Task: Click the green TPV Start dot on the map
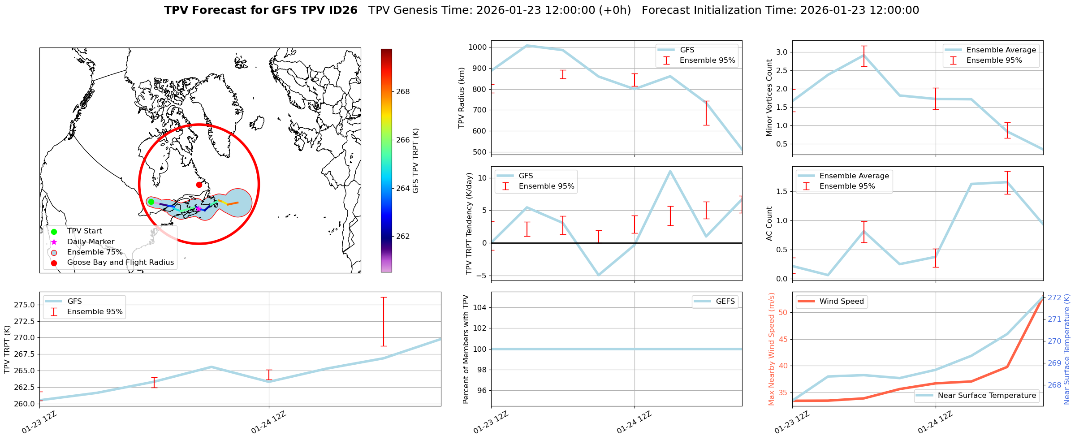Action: (x=151, y=202)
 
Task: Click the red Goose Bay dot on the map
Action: (x=199, y=185)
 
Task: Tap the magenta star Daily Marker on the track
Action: (x=199, y=209)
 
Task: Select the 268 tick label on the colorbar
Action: (x=403, y=92)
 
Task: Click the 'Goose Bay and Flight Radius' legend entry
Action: (x=120, y=263)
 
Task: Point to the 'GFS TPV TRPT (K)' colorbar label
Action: (x=416, y=160)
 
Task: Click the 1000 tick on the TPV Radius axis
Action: (x=478, y=47)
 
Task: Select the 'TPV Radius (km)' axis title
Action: (x=461, y=98)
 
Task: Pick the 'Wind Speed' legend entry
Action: (x=841, y=302)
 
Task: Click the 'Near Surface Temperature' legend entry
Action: (x=987, y=396)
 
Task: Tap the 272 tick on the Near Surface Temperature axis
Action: (x=1054, y=298)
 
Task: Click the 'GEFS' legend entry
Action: (x=725, y=302)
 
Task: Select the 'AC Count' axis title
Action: (x=769, y=223)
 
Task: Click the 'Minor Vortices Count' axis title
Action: (x=769, y=98)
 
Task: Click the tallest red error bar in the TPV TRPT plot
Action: (x=384, y=321)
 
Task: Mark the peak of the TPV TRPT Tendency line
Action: (x=670, y=171)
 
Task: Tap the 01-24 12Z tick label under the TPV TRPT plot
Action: (x=268, y=423)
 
